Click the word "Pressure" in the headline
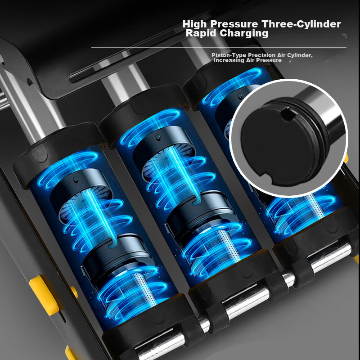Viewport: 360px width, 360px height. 234,24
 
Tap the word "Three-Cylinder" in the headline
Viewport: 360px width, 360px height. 301,24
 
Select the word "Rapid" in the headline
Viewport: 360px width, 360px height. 201,33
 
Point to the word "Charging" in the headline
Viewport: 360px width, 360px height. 244,33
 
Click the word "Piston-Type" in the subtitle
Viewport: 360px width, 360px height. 229,55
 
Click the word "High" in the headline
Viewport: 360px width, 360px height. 195,24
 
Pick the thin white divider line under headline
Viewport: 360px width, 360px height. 219,48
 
